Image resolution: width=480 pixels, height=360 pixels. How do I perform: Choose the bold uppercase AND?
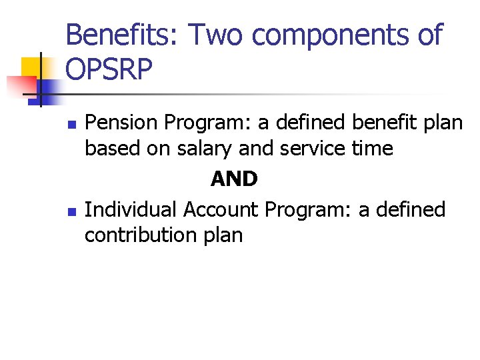234,179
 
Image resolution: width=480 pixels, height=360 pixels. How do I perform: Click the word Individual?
131,209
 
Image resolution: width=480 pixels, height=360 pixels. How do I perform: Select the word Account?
220,209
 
